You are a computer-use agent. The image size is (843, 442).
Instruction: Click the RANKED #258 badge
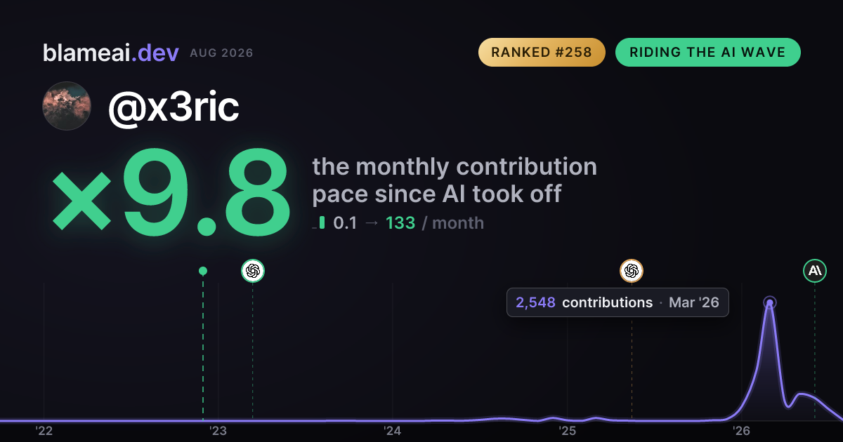pos(542,52)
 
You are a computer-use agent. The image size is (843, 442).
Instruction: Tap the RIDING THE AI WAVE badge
pos(708,52)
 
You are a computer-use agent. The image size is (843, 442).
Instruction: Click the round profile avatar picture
pos(67,106)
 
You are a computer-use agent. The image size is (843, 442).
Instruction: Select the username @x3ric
pos(174,107)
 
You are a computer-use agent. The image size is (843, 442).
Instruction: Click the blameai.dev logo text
pos(111,53)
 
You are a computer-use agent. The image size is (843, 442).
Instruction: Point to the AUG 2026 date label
pos(221,53)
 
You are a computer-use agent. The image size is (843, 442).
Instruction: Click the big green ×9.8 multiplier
pos(171,192)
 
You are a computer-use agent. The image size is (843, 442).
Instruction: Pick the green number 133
pos(400,223)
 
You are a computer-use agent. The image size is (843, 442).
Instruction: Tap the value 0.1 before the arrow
pos(345,223)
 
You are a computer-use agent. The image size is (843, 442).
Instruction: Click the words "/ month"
pos(453,223)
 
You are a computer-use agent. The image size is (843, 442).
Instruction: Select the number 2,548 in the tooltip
pos(535,302)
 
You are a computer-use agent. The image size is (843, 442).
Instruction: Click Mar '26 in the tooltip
pos(694,302)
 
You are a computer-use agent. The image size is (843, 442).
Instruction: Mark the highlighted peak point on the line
pos(770,302)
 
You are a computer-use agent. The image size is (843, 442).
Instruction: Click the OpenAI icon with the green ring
pos(253,271)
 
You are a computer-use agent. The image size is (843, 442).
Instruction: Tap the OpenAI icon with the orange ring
pos(632,271)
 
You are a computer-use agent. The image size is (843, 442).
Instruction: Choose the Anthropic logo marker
pos(815,271)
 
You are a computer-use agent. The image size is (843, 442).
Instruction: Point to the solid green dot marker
pos(203,271)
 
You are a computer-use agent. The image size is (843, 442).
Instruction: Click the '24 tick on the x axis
pos(392,431)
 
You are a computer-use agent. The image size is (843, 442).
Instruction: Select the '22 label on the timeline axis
pos(44,431)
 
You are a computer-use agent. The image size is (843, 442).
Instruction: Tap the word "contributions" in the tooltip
pos(608,302)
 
